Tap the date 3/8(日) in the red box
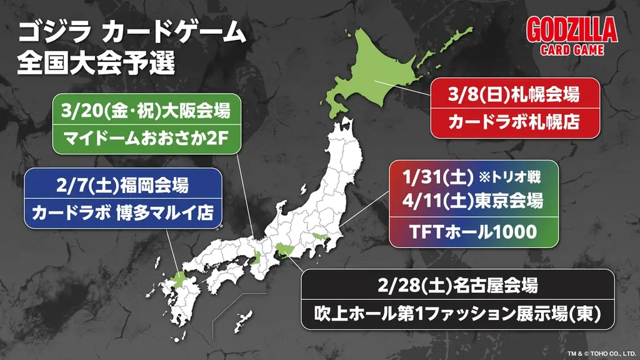[478, 96]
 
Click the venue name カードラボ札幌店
[515, 121]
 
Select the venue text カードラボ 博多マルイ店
[123, 212]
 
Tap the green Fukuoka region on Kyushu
[177, 281]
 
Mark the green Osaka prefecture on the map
[256, 257]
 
